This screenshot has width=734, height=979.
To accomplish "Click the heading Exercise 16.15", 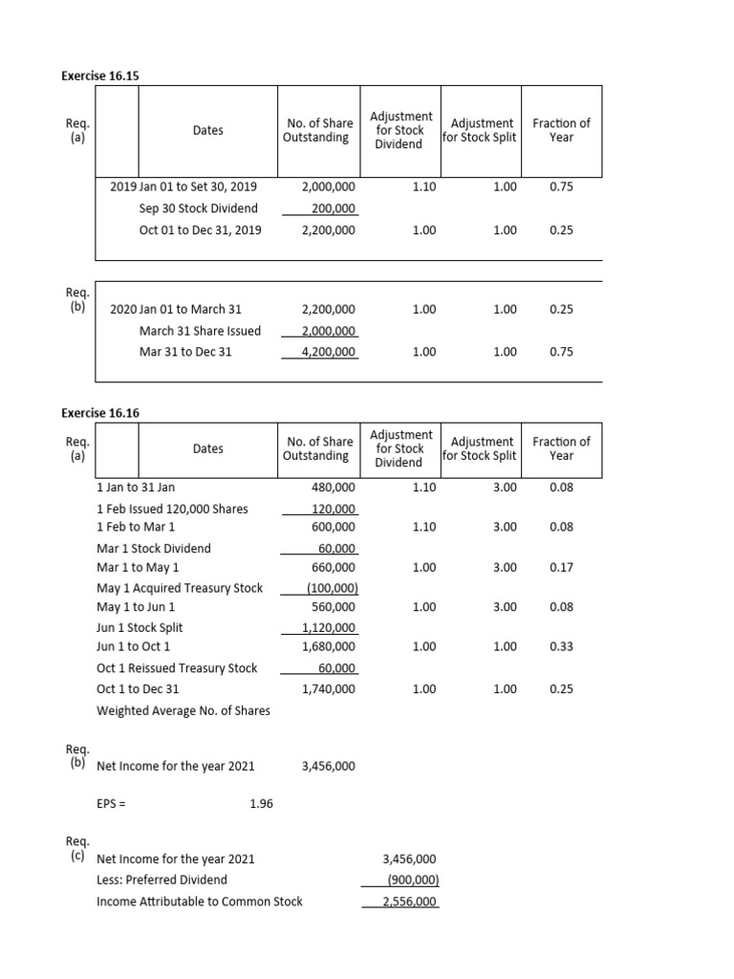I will coord(106,75).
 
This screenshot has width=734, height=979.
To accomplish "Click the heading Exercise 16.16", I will coord(106,412).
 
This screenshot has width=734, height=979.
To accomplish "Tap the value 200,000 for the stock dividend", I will coord(334,208).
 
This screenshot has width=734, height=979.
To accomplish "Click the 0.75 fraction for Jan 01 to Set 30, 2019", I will coord(561,187).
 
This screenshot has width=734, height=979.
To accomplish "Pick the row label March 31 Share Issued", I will coord(200,331).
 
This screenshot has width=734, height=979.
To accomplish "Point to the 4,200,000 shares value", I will coord(328,352).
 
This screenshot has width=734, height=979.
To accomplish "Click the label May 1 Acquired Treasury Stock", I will coord(180,588).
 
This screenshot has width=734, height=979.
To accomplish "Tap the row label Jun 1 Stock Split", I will coord(140,628).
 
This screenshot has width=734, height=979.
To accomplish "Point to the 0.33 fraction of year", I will coord(561,647).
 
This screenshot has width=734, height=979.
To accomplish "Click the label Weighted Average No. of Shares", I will coord(183,710).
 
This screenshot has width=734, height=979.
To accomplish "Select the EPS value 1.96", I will coord(261,804).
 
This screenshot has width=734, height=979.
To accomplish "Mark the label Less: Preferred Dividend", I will coord(162,880).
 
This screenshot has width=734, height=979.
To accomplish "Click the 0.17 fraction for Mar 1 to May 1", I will coord(561,568).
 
